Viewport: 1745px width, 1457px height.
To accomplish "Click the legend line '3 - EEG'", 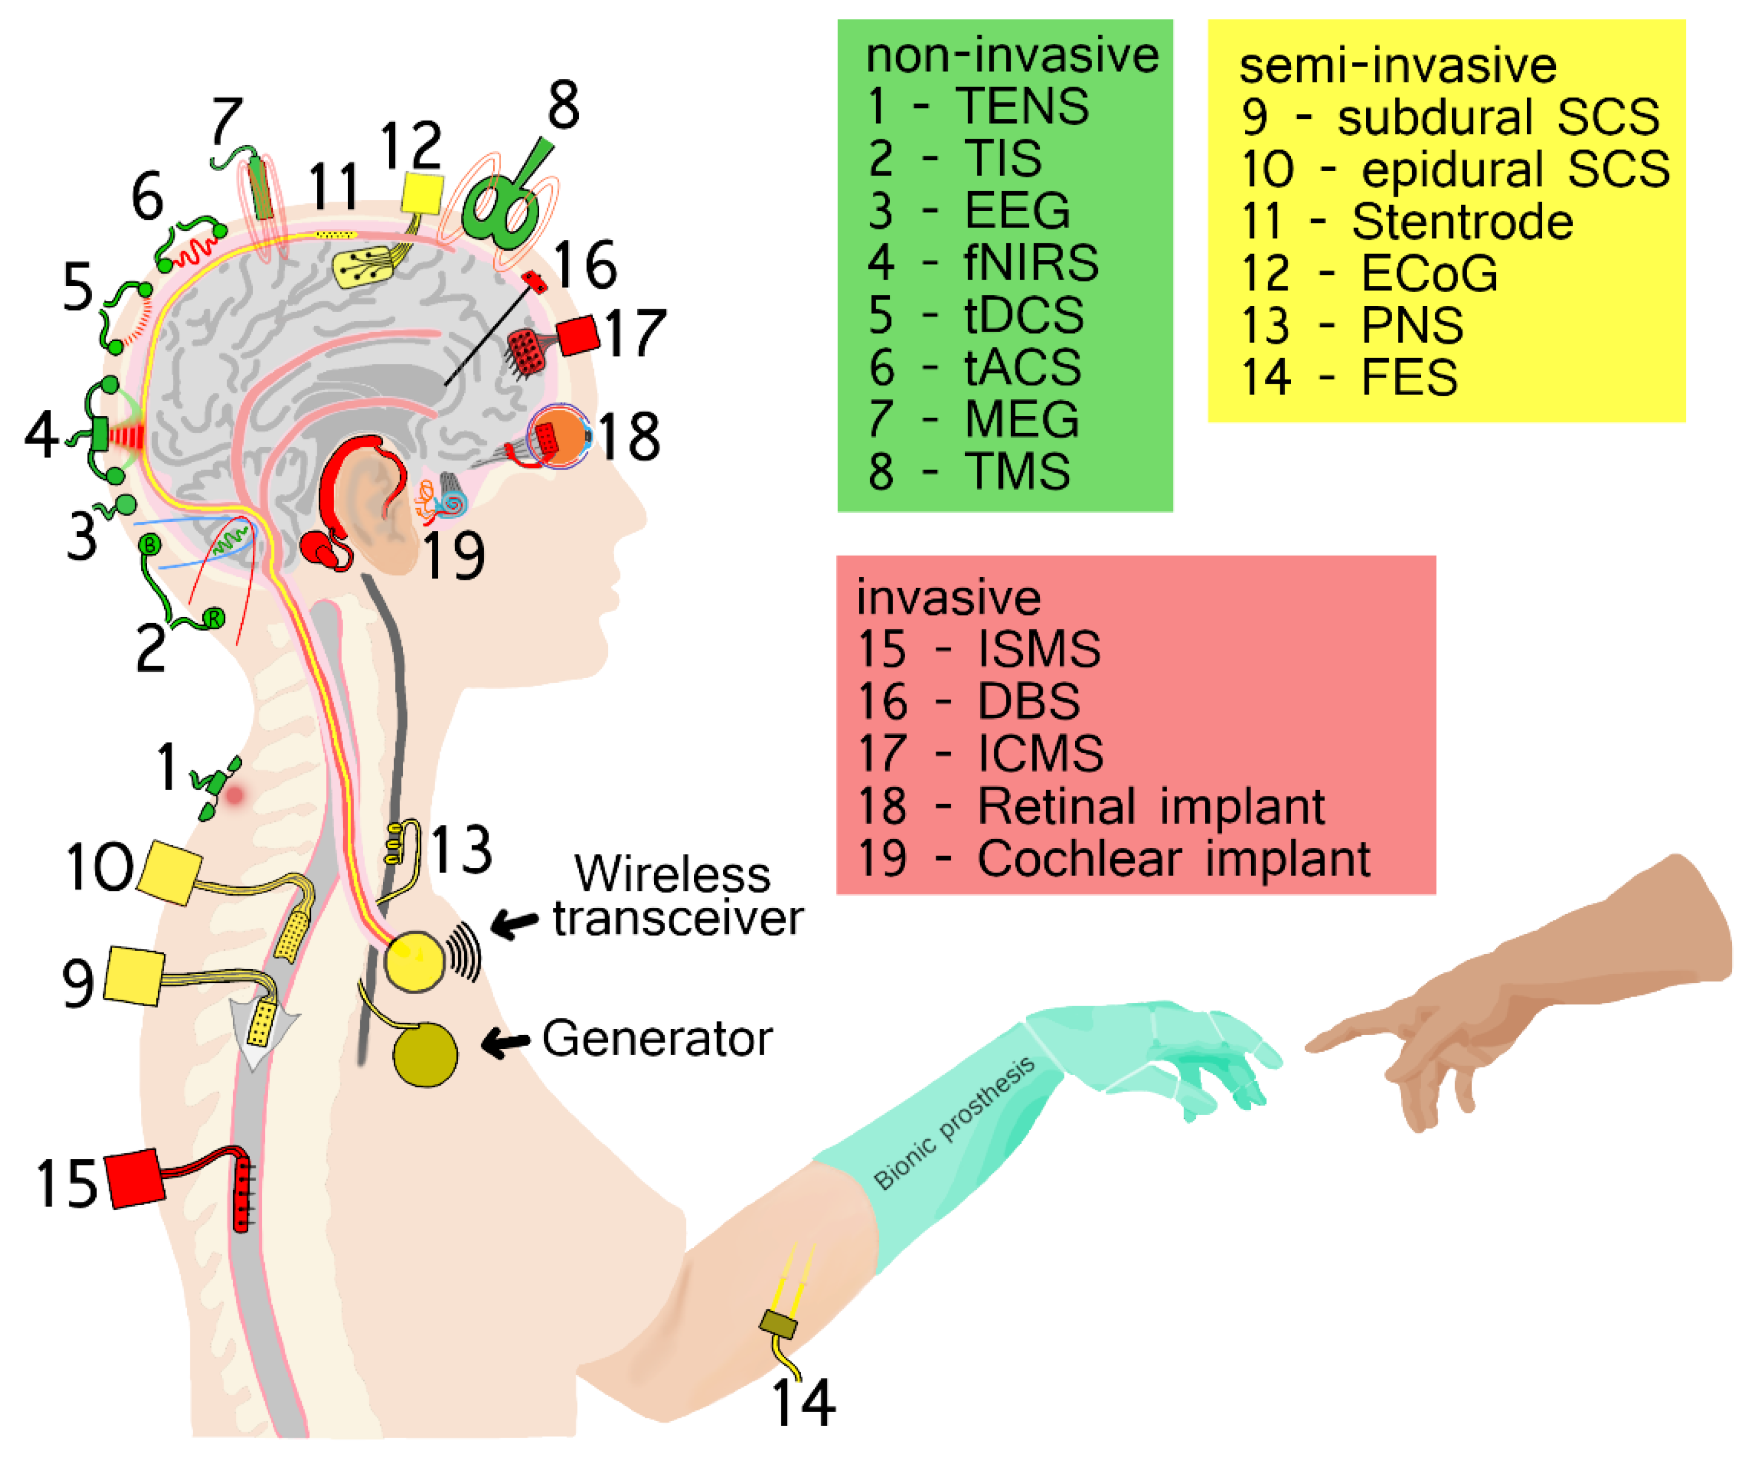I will [x=969, y=210].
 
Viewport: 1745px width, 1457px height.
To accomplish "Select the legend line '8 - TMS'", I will [x=969, y=471].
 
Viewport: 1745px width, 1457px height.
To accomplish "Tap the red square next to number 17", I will [x=578, y=336].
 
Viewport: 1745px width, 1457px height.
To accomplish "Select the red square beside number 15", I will [x=134, y=1178].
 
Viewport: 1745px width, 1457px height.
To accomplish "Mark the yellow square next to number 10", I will [x=169, y=872].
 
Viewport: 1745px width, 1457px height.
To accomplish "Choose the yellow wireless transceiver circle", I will [x=413, y=961].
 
